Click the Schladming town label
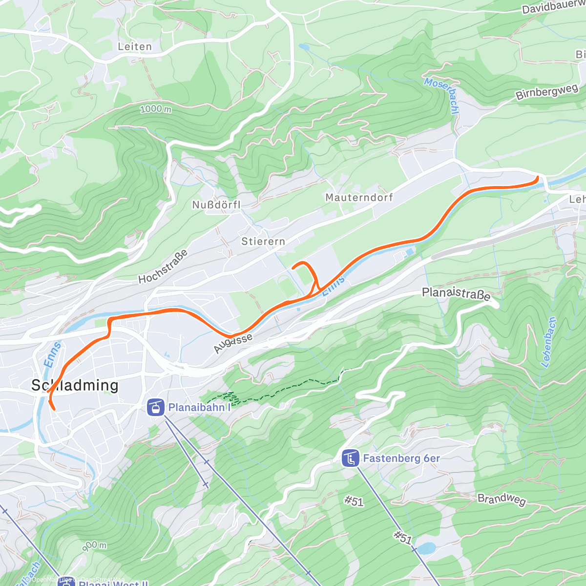click(x=75, y=385)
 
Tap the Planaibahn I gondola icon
click(x=155, y=407)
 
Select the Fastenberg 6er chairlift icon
click(x=350, y=459)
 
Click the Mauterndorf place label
click(x=359, y=197)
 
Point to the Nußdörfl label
click(x=216, y=205)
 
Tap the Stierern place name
click(x=263, y=241)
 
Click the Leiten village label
click(x=135, y=47)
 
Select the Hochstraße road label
click(x=163, y=267)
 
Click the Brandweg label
click(x=502, y=499)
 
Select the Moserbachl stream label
click(x=441, y=96)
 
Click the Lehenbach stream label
click(x=549, y=342)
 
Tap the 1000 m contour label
click(x=156, y=109)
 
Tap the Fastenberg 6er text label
click(x=401, y=459)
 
